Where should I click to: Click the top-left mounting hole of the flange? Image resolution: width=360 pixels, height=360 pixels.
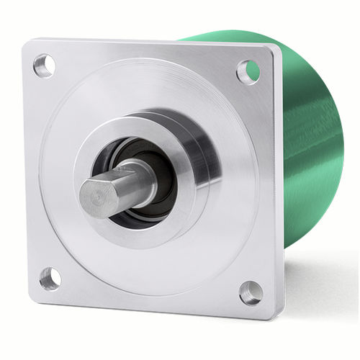pos(44,66)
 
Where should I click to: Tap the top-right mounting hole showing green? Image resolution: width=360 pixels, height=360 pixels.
pos(248,71)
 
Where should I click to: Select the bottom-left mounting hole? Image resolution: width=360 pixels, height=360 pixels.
pos(50,277)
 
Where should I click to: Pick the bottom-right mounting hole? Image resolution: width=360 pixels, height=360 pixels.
pos(250,292)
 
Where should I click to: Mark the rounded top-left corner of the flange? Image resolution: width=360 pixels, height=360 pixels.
pos(27,45)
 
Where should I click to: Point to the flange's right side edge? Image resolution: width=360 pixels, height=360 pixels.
pos(279,180)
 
